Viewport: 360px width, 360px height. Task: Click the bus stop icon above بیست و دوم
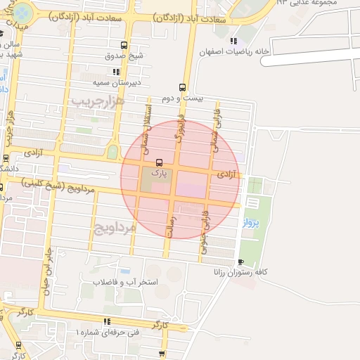183,87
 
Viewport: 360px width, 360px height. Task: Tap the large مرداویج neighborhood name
112,227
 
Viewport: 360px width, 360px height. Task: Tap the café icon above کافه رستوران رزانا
241,262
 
